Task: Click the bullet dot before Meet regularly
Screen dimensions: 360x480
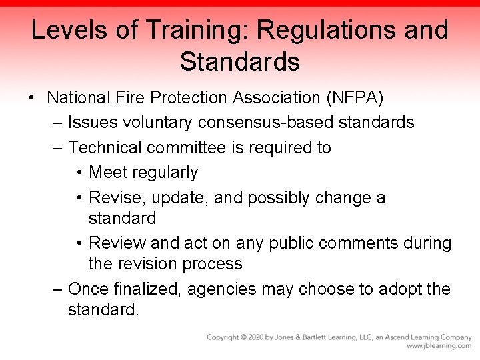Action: point(79,173)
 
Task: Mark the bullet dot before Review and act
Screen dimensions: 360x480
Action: point(79,243)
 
